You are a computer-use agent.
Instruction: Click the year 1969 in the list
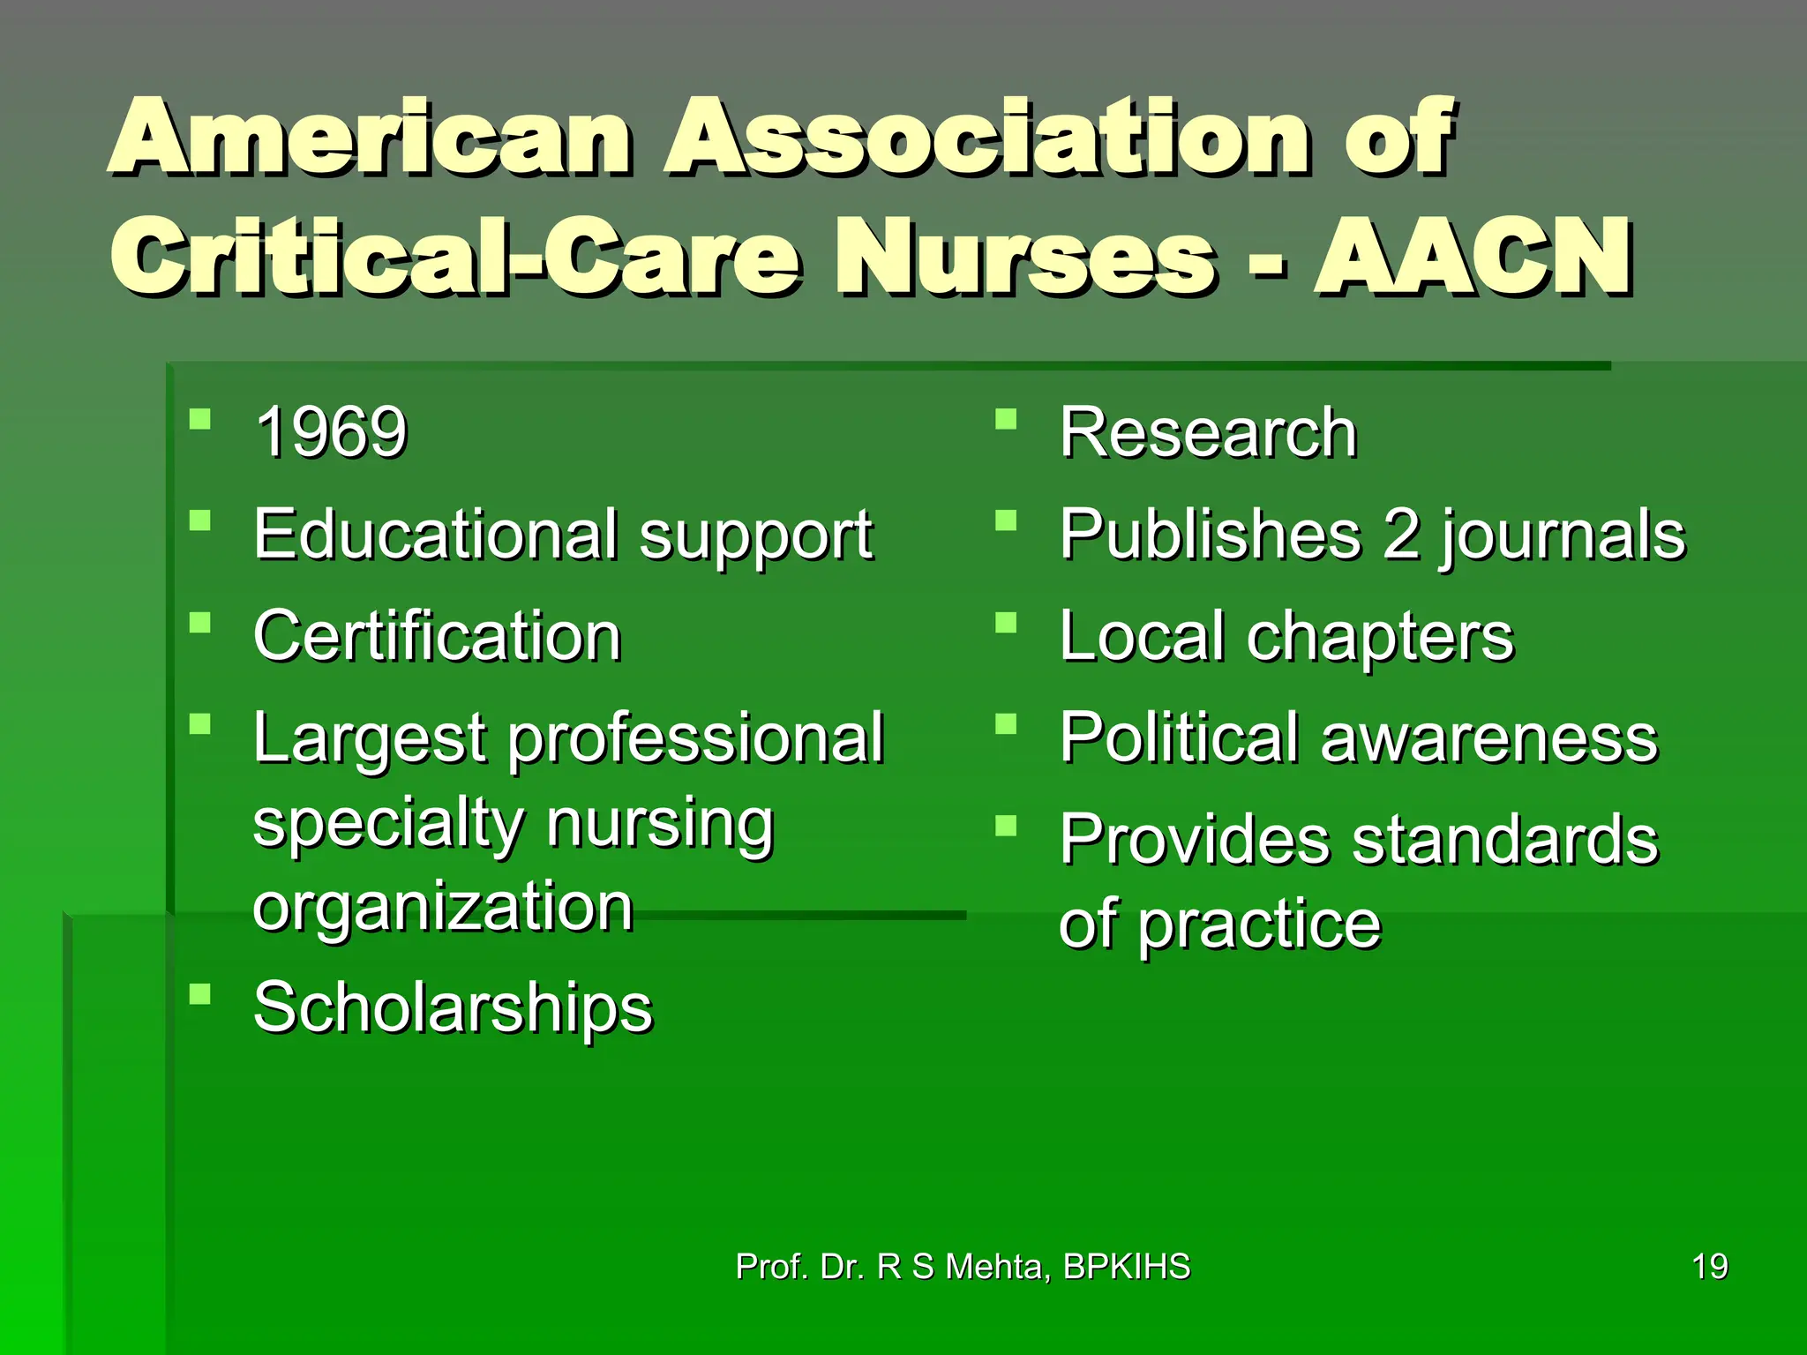click(x=331, y=432)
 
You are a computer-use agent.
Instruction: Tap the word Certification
click(x=438, y=636)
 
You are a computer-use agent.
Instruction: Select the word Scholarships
click(x=453, y=1007)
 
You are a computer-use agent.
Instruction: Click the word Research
click(x=1208, y=432)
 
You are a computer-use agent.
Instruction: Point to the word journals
click(x=1563, y=535)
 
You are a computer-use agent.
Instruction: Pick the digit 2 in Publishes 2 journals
click(x=1401, y=534)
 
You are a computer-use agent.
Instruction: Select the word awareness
click(x=1489, y=739)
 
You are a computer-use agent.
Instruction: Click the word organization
click(x=443, y=907)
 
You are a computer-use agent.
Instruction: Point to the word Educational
click(x=436, y=535)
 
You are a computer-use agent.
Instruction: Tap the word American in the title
click(x=371, y=138)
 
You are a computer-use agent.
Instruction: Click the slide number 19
click(x=1709, y=1267)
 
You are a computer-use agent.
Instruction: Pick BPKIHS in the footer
click(x=1127, y=1267)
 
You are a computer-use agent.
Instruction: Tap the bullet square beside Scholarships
click(x=200, y=994)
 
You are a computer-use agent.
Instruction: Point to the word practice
click(x=1259, y=925)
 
